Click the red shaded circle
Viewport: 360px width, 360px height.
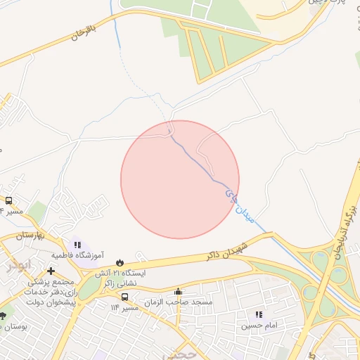coord(180,179)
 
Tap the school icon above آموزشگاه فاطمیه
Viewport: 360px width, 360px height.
coord(78,245)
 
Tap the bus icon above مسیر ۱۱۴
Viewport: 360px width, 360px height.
coord(124,297)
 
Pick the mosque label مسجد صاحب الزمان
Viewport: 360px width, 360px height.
coord(178,302)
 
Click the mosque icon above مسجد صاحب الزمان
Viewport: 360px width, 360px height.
coord(178,291)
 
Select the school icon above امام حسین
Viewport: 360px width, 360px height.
coord(259,315)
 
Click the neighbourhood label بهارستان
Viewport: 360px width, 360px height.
coord(35,233)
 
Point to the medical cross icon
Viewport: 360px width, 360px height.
coord(51,271)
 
